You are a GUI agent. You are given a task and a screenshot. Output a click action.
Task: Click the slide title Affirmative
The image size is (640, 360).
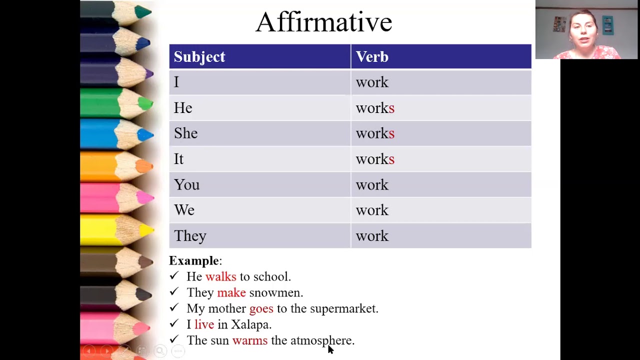tap(323, 22)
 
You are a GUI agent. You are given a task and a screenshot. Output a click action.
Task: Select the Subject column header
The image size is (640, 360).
tap(199, 57)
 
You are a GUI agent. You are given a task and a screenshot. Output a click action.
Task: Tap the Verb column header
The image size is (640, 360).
tap(372, 57)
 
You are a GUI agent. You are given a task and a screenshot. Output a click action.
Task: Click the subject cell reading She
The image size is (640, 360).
tap(186, 133)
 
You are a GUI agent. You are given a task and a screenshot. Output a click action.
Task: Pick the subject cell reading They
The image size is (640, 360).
tap(190, 236)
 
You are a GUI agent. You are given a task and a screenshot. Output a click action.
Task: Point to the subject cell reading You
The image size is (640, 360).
tap(186, 185)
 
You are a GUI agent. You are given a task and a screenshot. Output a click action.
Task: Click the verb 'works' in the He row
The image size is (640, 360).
tap(375, 108)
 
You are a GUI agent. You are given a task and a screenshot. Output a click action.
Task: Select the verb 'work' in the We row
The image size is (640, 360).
tap(372, 210)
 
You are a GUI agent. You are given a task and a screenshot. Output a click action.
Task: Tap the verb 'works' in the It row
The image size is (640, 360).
tap(375, 159)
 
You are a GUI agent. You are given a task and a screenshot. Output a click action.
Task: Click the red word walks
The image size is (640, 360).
tap(220, 277)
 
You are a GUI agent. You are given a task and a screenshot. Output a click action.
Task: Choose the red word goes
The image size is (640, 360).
tap(261, 309)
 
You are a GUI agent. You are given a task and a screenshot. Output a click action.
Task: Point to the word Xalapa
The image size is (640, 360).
tap(250, 325)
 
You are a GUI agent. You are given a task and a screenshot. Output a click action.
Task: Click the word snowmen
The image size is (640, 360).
tap(276, 293)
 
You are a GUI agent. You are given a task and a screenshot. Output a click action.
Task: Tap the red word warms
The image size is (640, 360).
tap(250, 341)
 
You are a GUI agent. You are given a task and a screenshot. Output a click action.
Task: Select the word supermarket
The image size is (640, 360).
tap(344, 309)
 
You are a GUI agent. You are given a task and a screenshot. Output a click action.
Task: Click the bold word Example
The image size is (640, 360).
tap(194, 261)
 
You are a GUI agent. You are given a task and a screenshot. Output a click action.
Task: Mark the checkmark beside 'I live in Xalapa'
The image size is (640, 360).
tap(174, 324)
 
